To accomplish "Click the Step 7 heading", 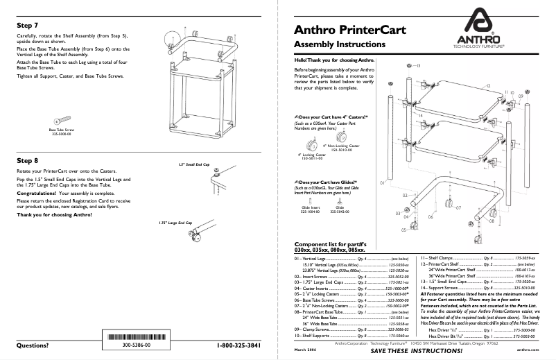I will coord(28,24).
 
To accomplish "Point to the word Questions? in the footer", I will coord(37,345).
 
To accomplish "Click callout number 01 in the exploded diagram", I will coord(382,182).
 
